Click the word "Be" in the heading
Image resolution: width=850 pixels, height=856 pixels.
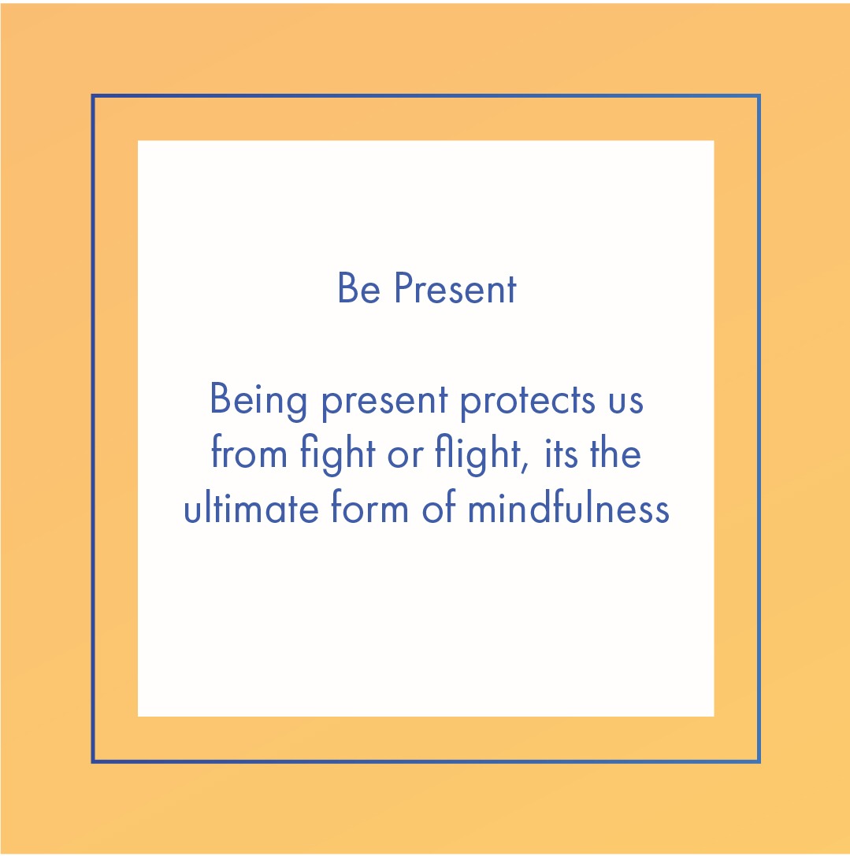click(358, 289)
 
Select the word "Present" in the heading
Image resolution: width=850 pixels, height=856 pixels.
click(455, 289)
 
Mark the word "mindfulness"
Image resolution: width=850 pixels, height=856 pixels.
click(568, 509)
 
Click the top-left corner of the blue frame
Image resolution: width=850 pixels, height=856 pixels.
click(93, 96)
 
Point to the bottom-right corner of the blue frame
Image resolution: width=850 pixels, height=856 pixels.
click(759, 762)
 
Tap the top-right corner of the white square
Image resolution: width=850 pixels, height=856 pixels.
click(713, 142)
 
